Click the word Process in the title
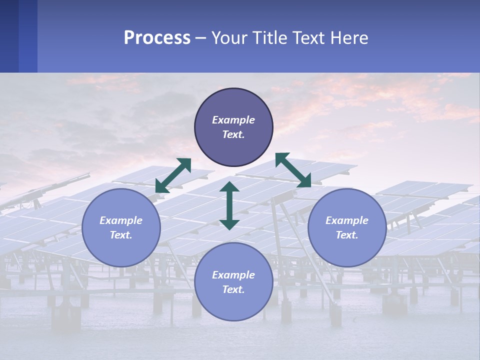pos(157,38)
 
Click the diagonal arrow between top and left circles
pos(173,175)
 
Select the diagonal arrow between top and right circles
pos(293,170)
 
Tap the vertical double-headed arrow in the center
pos(229,205)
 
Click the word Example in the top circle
pos(233,120)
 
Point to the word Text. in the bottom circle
pos(233,289)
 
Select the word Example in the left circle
pos(121,220)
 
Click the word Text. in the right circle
pos(347,235)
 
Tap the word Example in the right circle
pos(347,220)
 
